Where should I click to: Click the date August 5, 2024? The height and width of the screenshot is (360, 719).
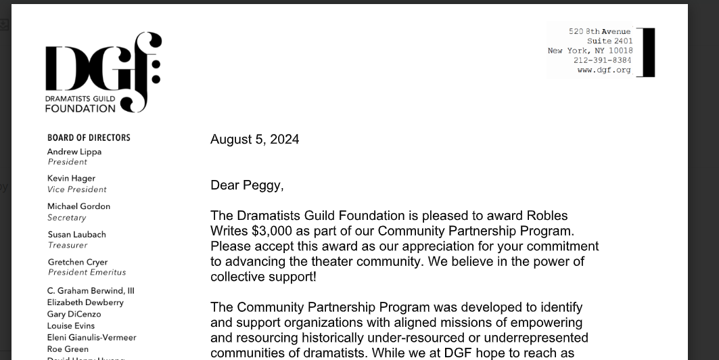254,139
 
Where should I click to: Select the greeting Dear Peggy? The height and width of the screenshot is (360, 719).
247,185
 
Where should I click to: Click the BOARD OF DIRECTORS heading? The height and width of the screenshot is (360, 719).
89,137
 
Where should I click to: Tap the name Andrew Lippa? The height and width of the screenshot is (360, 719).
74,152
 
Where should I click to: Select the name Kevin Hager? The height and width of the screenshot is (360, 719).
71,178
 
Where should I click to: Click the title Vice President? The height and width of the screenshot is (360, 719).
77,189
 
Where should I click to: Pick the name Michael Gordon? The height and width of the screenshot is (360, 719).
78,206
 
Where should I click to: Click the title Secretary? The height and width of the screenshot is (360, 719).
67,218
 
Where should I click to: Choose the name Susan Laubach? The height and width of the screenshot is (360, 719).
76,234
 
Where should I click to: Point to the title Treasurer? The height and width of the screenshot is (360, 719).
68,245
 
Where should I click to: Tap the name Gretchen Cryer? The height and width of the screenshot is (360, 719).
78,262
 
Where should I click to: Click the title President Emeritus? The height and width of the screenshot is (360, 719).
87,272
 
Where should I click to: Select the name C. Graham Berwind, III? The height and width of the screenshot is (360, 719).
91,291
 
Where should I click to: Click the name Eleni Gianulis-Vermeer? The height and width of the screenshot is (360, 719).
91,337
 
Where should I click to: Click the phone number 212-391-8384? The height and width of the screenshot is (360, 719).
602,60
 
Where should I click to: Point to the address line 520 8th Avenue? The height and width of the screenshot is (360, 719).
599,32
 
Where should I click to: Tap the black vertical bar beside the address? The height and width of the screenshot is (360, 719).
648,52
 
